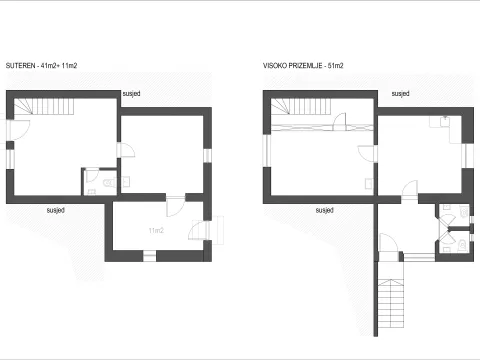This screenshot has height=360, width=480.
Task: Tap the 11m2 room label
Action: (156, 230)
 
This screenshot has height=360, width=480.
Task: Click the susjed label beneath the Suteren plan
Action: (57, 210)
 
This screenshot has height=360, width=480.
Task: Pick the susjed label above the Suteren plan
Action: (131, 93)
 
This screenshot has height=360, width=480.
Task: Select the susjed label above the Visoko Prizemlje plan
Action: (399, 93)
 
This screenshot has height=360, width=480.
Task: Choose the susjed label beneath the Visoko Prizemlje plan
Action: (324, 210)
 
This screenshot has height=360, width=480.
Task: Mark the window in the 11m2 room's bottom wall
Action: (149, 257)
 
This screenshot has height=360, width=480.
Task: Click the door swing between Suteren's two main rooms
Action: (127, 150)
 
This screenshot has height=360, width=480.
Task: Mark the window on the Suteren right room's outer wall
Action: (209, 159)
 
